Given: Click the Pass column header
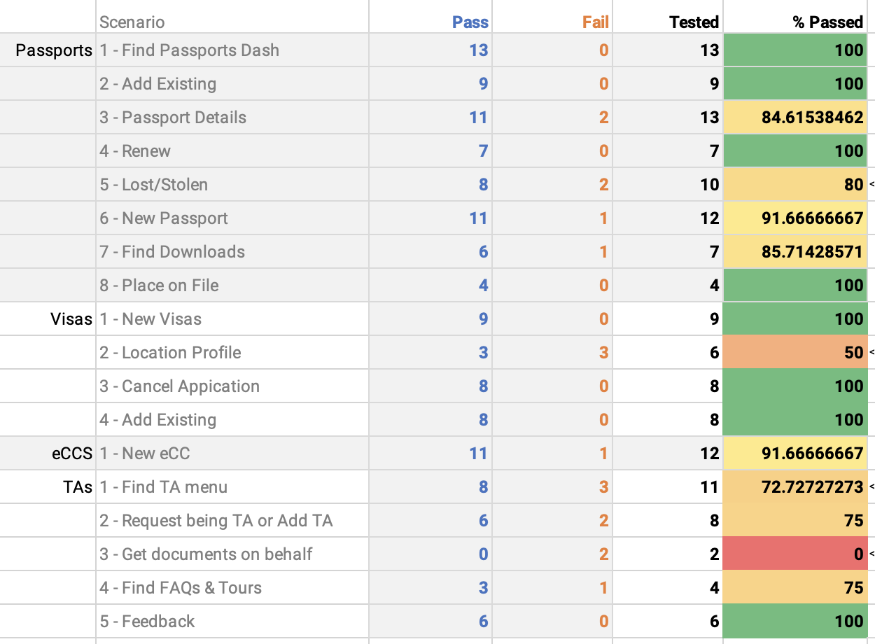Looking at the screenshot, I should (x=470, y=22).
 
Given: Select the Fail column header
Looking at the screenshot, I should (x=595, y=22).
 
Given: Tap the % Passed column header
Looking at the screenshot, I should (x=827, y=22).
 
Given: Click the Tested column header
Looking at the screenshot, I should (x=694, y=22).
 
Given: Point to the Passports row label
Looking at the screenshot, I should (x=54, y=50).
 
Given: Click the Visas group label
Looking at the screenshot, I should (x=71, y=319).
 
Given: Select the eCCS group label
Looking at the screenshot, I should (x=72, y=454).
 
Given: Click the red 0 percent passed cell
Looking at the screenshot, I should (x=795, y=554).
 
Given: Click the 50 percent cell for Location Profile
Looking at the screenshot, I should (x=795, y=353).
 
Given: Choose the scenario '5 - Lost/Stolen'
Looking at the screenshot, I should (x=154, y=185).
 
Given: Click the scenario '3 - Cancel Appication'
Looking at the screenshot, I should (x=179, y=386).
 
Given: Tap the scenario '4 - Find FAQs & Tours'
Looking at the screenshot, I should (x=181, y=588).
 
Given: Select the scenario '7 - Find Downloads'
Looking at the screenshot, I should (x=172, y=252).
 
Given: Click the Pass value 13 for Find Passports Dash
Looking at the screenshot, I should (x=478, y=50).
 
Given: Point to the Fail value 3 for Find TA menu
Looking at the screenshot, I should (x=603, y=487).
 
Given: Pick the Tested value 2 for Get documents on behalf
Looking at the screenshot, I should (x=714, y=554).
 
